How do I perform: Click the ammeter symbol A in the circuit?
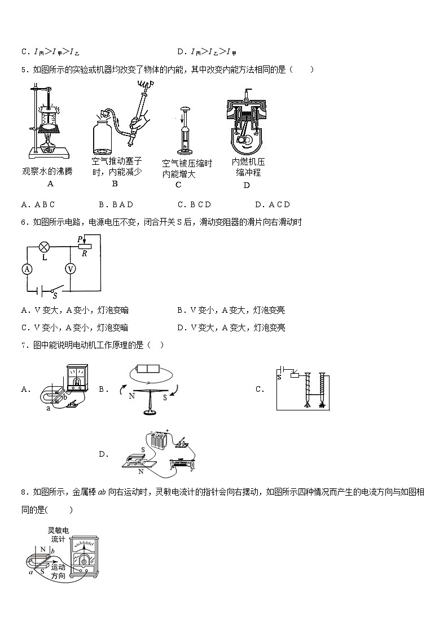point(27,269)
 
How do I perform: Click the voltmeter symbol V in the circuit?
point(71,269)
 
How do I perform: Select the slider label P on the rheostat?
point(81,239)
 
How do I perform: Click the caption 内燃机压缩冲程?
point(248,167)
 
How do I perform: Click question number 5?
point(24,69)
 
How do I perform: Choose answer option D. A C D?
point(272,204)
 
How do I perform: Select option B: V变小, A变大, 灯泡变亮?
point(231,310)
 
